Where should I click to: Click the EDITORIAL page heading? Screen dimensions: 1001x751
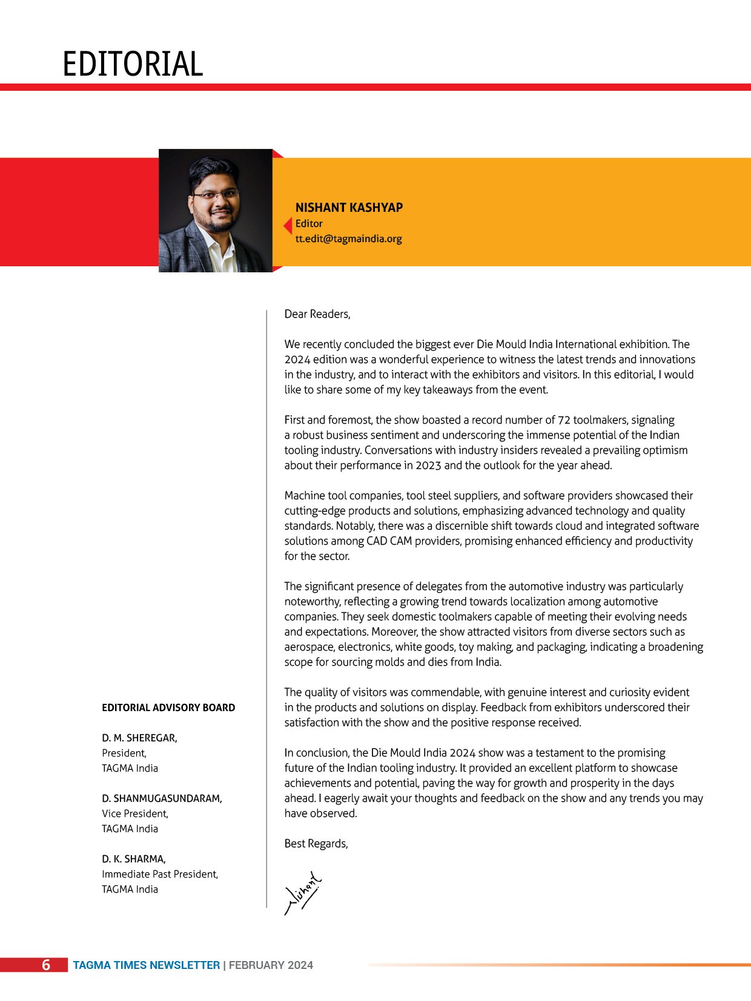(x=133, y=64)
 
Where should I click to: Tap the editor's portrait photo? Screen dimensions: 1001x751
(x=215, y=211)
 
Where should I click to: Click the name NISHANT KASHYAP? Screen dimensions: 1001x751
(x=349, y=208)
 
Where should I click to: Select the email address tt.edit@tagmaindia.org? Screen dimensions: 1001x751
(x=348, y=238)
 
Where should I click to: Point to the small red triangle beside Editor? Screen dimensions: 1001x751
(x=288, y=226)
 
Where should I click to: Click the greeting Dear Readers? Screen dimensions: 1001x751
(x=317, y=314)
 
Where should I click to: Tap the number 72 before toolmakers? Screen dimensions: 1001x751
(x=564, y=420)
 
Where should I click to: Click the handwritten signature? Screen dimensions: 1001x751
(x=303, y=893)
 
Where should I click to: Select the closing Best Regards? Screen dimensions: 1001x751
(x=316, y=844)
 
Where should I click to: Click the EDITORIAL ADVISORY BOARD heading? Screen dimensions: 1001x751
(x=168, y=707)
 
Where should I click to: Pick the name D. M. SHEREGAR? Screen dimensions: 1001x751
(x=139, y=738)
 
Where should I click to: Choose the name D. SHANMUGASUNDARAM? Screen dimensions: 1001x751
(x=162, y=798)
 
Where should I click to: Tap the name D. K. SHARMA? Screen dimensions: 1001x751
(x=134, y=859)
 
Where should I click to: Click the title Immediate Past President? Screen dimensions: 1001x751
(x=160, y=874)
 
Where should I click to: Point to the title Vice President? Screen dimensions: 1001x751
(x=135, y=813)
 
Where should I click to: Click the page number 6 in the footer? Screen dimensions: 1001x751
(x=46, y=965)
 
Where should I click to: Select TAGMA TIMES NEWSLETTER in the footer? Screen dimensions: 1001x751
(x=147, y=965)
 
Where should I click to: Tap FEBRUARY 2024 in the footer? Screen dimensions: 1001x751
(x=271, y=965)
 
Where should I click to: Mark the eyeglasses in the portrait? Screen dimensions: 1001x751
(x=215, y=195)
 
